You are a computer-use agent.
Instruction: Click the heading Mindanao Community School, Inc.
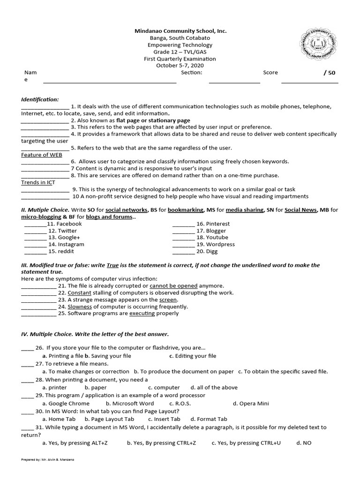180,31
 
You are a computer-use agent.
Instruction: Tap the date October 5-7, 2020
180,66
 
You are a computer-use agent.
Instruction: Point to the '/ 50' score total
330,73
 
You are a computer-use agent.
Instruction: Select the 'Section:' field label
191,73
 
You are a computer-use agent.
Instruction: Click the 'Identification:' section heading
40,99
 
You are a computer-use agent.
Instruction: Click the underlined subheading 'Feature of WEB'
42,155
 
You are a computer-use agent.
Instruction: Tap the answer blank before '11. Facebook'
35,224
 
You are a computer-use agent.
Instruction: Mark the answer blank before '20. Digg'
183,251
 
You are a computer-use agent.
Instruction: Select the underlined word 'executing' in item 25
142,314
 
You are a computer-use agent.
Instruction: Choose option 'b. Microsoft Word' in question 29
130,404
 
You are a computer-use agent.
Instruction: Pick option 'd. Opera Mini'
251,404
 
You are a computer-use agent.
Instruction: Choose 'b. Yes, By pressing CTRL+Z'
161,443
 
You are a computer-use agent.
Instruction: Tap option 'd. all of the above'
214,388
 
